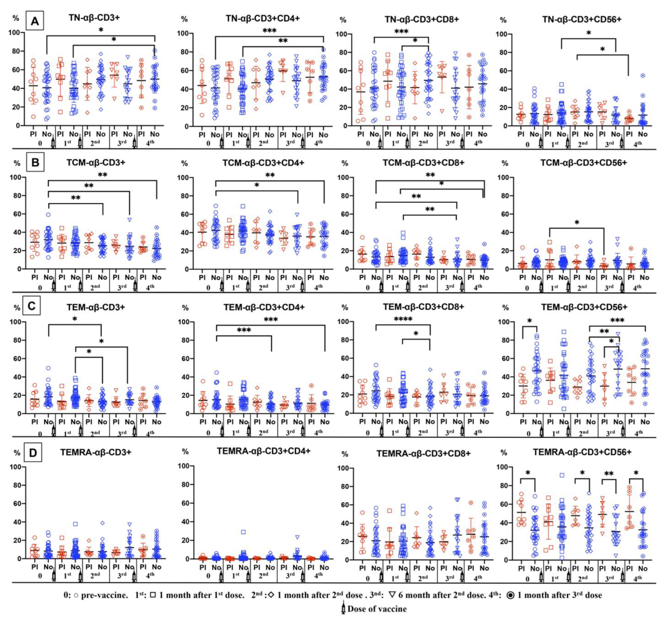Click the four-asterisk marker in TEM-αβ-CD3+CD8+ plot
tap(403, 319)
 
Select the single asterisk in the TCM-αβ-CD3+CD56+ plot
tap(577, 222)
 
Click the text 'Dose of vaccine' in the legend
tap(377, 609)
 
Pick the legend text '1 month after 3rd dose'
tap(559, 595)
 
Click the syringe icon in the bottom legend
tap(343, 609)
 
